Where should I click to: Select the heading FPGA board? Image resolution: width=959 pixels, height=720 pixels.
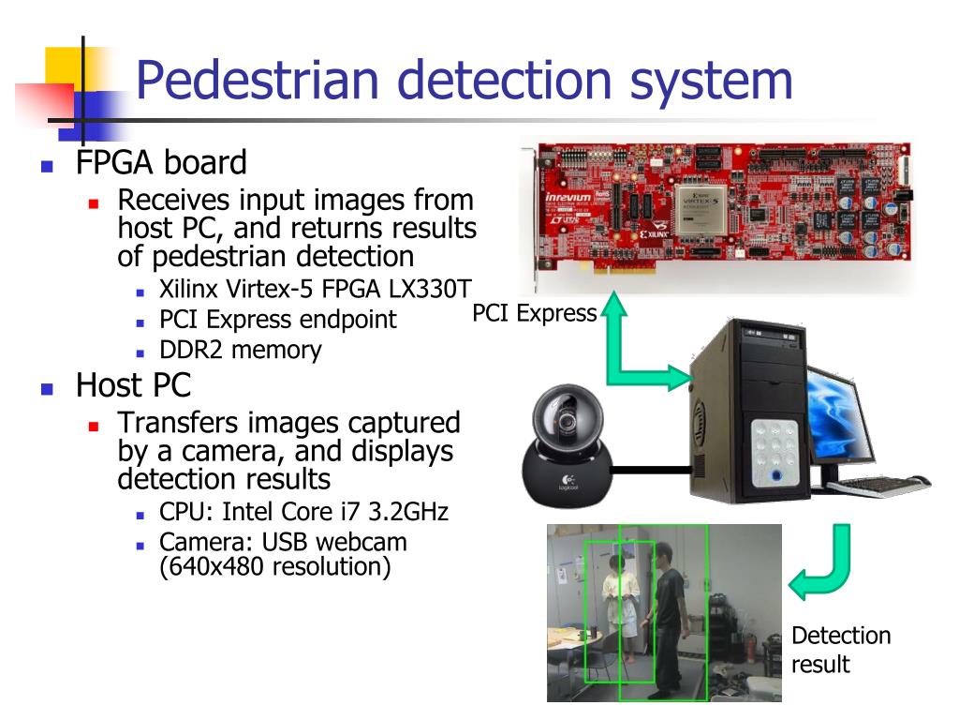pos(161,163)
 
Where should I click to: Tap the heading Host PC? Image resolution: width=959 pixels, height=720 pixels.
pos(133,384)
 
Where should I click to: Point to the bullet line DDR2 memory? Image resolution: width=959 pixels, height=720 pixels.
pos(240,350)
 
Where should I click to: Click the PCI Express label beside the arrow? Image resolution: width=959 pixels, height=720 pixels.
pos(534,313)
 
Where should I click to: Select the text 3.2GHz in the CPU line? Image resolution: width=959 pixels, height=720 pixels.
pos(408,512)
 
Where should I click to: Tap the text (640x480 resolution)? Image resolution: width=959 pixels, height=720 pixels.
pos(274,566)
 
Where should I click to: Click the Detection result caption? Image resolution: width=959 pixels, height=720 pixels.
pos(840,650)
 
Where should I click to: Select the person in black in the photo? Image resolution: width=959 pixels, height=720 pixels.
pos(667,619)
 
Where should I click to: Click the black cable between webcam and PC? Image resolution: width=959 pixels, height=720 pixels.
pos(652,469)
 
